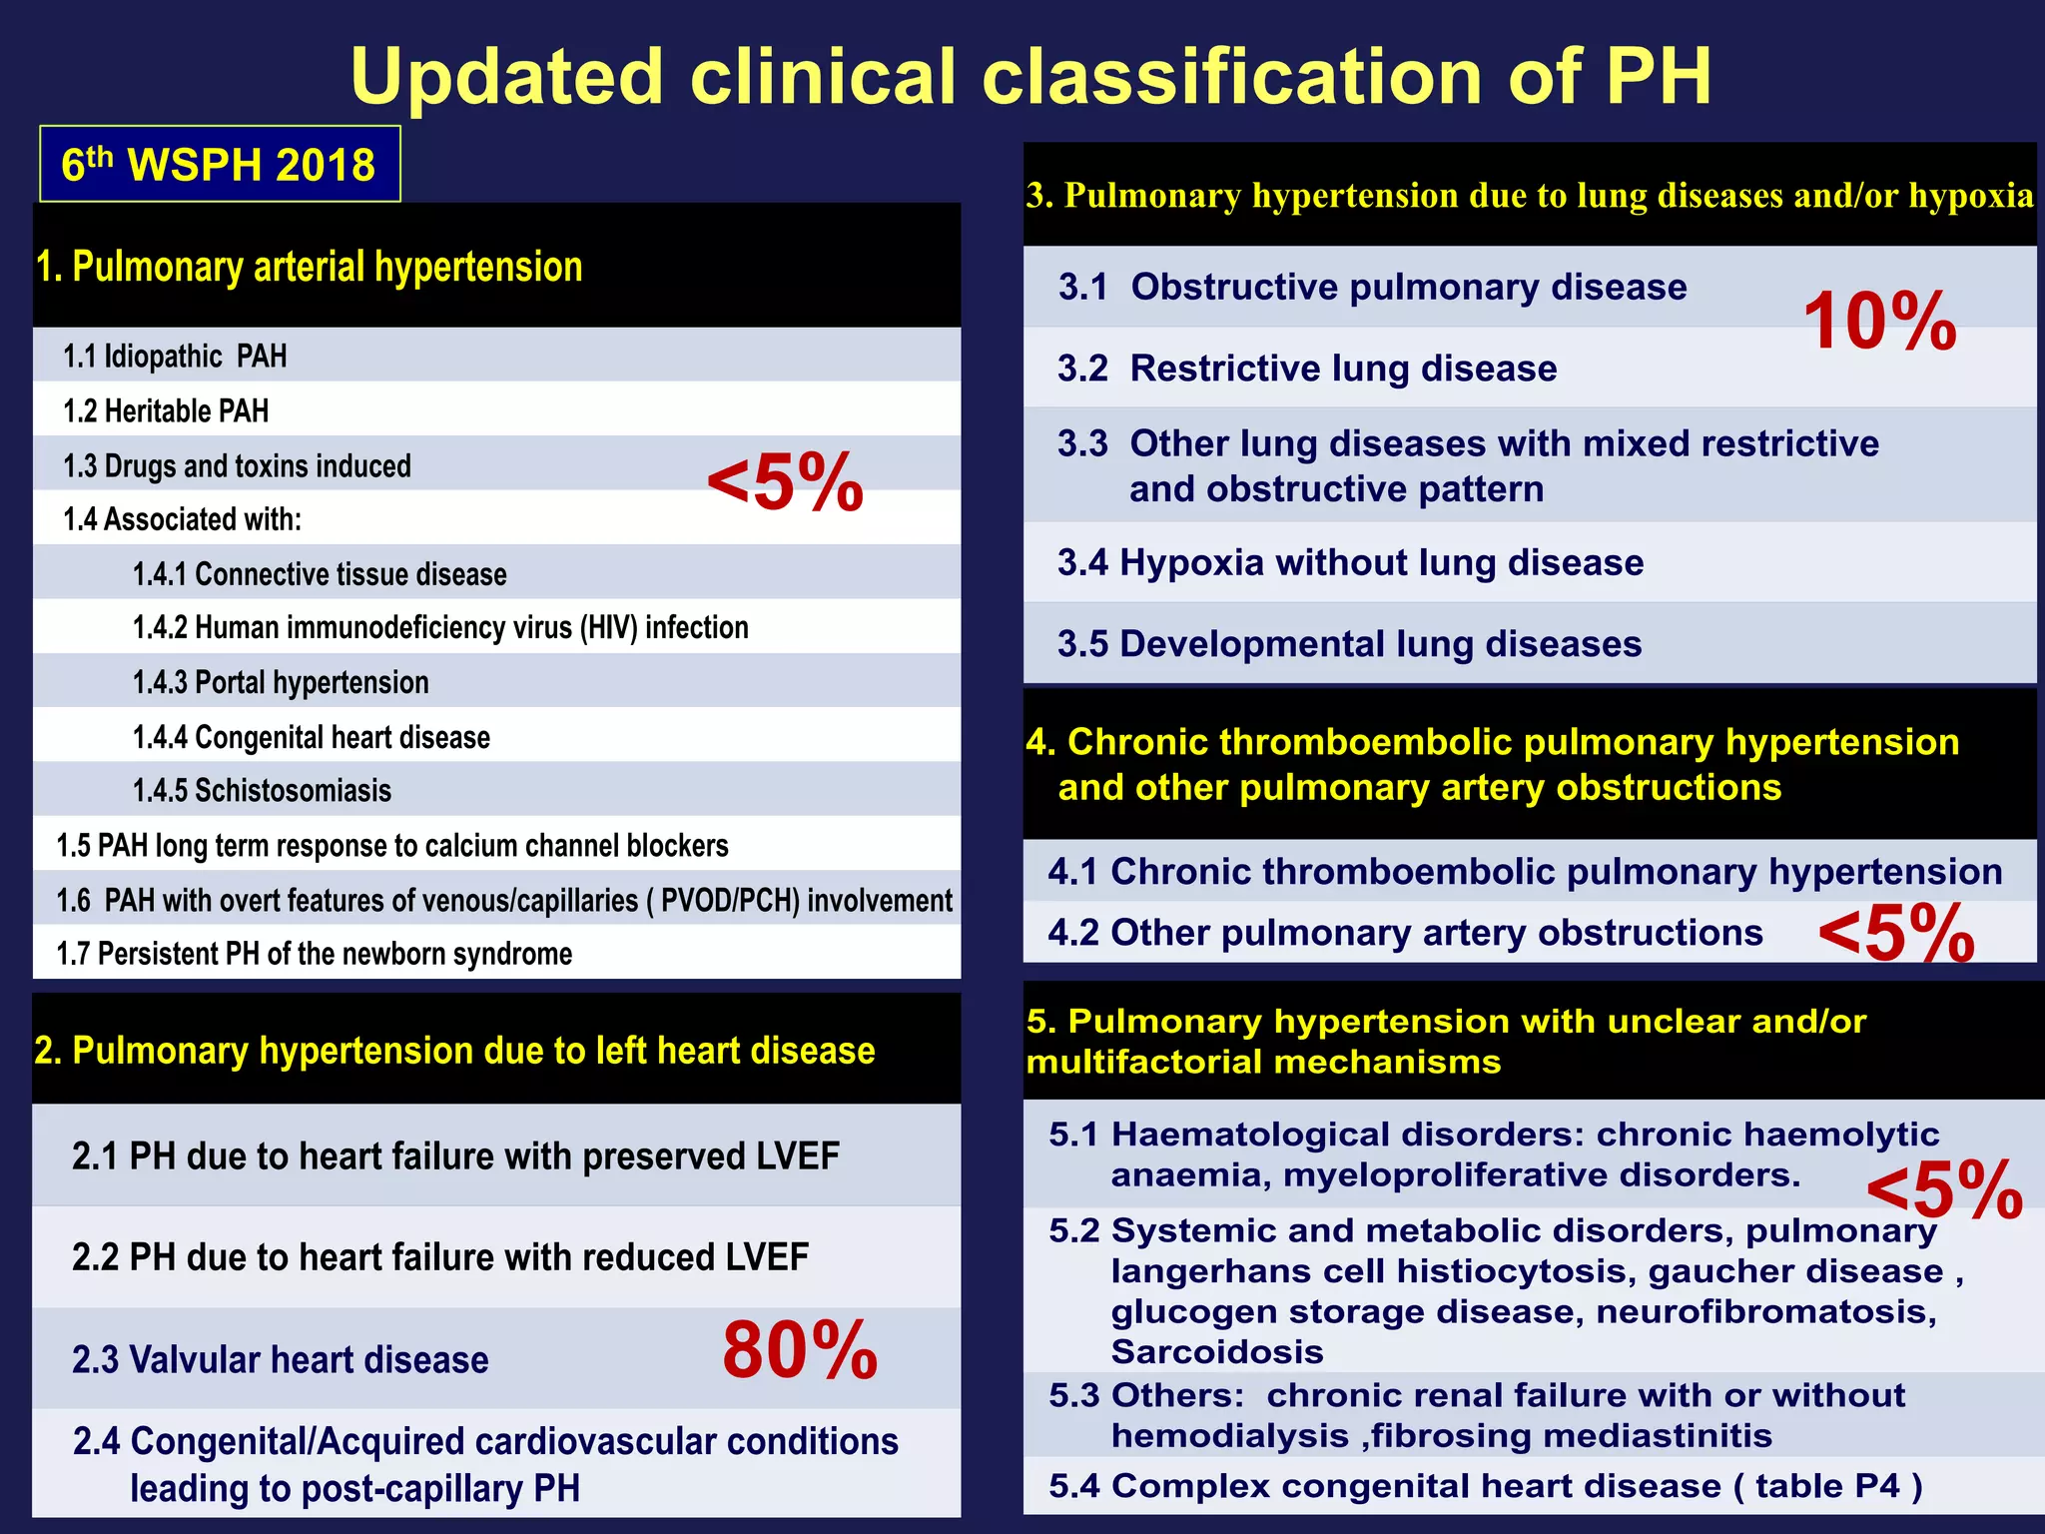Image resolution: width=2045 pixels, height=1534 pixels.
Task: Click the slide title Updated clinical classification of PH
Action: (1030, 77)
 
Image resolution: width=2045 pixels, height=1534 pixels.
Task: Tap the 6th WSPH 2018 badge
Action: (219, 165)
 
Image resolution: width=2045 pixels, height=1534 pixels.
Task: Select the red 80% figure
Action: (800, 1351)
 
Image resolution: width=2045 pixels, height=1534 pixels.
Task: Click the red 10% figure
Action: (1879, 322)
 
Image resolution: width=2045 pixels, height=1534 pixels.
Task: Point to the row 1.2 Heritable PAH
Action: (166, 410)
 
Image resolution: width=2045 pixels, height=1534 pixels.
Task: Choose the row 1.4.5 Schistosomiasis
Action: (262, 791)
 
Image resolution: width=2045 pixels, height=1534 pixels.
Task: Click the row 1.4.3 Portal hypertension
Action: (281, 682)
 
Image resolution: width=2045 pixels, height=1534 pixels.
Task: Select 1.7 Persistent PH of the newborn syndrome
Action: (315, 954)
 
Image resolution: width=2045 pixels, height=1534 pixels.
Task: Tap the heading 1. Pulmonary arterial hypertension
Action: (309, 268)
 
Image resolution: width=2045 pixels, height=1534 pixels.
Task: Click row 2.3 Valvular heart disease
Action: (281, 1360)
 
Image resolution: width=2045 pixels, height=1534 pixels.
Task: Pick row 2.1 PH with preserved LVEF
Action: (455, 1156)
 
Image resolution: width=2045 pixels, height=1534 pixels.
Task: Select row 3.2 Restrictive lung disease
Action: (1307, 369)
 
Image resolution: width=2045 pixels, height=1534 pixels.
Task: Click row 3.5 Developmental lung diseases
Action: (1349, 644)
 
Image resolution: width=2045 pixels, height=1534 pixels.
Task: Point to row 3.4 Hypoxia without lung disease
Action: (1350, 563)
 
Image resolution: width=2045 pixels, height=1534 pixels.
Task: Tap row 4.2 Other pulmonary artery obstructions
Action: (1405, 933)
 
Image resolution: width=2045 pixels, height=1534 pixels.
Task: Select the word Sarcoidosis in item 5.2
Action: (1217, 1352)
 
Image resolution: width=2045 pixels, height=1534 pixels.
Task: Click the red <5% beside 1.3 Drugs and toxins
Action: (785, 482)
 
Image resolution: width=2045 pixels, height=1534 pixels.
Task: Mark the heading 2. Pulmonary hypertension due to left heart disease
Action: (454, 1051)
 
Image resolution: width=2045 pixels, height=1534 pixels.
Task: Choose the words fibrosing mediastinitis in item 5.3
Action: (1572, 1436)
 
